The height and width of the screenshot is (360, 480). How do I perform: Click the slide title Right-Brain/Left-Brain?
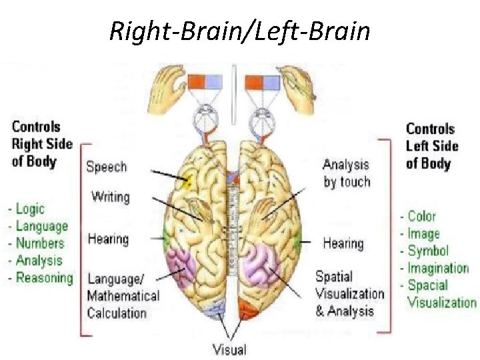(x=239, y=30)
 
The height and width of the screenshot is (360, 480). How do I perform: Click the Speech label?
(x=106, y=167)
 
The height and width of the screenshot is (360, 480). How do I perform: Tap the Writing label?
(x=110, y=197)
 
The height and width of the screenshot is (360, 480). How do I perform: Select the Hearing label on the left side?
(x=107, y=239)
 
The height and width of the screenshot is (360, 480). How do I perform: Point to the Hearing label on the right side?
(x=343, y=243)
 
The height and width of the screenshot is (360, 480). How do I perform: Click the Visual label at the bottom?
(x=229, y=349)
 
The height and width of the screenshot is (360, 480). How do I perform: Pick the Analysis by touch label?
(x=346, y=173)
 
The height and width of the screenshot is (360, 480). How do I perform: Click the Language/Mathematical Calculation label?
(x=123, y=296)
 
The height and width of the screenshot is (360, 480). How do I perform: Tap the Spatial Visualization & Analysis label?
(x=349, y=293)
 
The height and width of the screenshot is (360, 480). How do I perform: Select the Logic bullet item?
(x=29, y=209)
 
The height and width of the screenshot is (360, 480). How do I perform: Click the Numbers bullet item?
(x=39, y=243)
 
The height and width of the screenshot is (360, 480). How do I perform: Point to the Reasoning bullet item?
(x=44, y=278)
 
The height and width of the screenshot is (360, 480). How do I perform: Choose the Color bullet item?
(x=421, y=216)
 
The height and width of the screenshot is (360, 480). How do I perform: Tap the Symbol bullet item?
(x=427, y=251)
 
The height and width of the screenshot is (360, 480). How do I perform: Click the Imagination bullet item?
(x=438, y=268)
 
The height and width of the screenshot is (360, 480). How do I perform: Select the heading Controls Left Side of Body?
(x=432, y=146)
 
